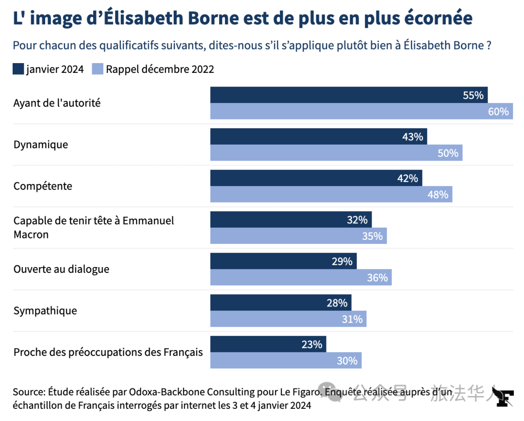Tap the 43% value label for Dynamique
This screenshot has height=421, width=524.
412,137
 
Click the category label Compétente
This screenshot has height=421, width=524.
43,186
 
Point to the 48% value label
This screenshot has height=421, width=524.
438,195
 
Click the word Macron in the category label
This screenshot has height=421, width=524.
31,235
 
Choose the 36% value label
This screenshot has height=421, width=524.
377,278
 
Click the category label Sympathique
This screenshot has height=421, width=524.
45,311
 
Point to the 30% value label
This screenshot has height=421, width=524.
347,361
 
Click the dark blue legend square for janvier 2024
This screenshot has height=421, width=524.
18,69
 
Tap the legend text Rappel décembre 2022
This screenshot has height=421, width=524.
160,69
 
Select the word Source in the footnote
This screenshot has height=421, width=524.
28,392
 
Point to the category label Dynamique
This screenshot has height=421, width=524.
41,145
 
